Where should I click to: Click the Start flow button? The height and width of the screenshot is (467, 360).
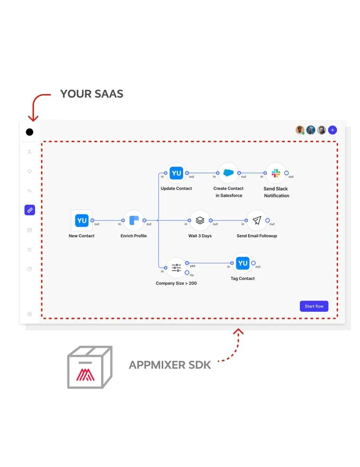point(314,306)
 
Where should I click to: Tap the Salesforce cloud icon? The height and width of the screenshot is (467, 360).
point(228,173)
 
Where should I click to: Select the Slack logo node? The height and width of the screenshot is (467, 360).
point(276,173)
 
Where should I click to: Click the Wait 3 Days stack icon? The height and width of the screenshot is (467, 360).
point(200,221)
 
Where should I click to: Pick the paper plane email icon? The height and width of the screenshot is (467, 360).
point(256,221)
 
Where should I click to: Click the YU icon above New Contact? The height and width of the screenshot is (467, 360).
point(81,221)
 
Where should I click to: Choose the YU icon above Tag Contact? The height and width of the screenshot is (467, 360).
point(243,263)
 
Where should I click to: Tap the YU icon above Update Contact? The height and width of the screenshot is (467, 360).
point(176,173)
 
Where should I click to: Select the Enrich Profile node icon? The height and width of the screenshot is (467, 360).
point(134,221)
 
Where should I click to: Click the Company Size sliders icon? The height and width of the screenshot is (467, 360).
point(176,268)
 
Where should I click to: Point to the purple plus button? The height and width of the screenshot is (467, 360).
point(333,130)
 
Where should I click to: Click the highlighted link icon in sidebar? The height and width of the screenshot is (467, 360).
point(30,210)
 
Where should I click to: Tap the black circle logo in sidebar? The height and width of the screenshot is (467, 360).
point(30,132)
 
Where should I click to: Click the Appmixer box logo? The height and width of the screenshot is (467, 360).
point(90,367)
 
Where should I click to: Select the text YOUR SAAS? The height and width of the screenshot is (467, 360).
point(92,94)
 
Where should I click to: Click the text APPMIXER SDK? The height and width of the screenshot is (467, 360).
point(170,365)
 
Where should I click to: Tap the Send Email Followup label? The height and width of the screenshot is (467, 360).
point(257,236)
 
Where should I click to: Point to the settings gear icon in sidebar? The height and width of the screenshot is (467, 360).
point(30,314)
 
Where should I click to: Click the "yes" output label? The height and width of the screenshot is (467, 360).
point(193,266)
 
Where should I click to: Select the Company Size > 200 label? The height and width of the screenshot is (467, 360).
point(176,283)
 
